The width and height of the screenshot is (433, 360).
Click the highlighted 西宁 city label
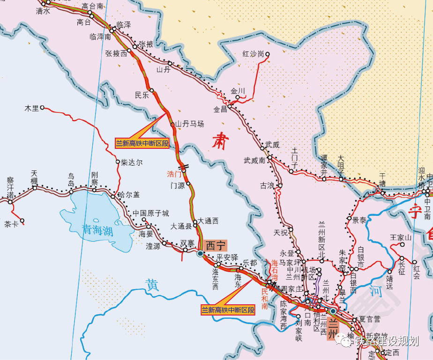[x=216, y=245]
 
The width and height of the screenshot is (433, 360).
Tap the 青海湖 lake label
[x=97, y=229]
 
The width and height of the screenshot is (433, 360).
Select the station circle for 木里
[x=42, y=108]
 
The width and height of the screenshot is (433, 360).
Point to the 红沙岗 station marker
[x=268, y=54]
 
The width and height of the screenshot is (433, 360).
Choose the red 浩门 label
[x=174, y=174]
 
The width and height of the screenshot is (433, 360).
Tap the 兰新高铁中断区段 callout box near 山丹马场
[x=142, y=143]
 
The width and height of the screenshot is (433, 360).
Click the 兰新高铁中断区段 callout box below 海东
[x=228, y=310]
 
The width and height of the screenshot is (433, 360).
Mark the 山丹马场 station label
[x=190, y=124]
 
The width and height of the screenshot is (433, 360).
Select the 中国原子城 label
[x=150, y=213]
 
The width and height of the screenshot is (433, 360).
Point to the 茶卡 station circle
[x=22, y=221]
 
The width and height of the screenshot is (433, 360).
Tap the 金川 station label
[x=238, y=90]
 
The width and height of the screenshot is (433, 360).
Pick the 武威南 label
[x=254, y=160]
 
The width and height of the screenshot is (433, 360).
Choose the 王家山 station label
[x=400, y=238]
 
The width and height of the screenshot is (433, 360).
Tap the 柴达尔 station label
[x=132, y=162]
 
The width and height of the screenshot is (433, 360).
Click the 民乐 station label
[x=142, y=95]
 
